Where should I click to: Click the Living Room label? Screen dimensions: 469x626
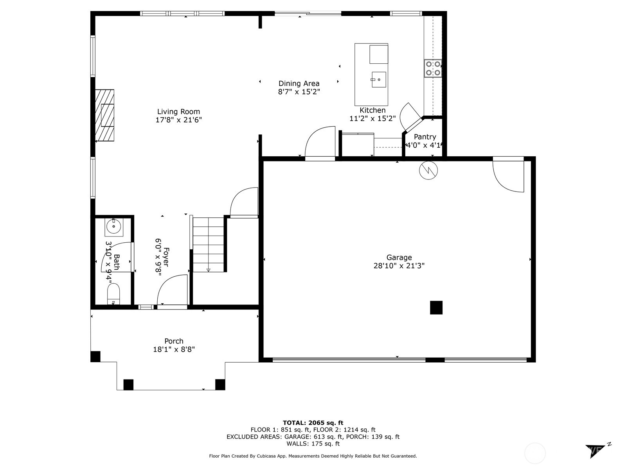tap(178, 112)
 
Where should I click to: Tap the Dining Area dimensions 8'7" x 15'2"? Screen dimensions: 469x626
tap(299, 92)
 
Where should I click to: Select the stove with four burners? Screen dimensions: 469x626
tap(433, 68)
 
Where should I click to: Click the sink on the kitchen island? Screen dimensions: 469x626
tap(378, 80)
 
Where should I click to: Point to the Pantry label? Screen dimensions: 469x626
tap(425, 137)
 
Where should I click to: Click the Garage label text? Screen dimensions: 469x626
tap(399, 257)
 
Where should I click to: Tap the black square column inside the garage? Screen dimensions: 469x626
tap(436, 308)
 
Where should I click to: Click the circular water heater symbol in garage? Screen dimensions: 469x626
tap(428, 170)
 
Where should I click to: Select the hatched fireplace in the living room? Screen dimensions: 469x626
tap(104, 115)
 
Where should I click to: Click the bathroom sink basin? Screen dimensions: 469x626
tap(114, 227)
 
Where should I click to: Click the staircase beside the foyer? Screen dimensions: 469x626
tap(208, 244)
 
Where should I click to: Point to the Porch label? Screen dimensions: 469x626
tap(174, 341)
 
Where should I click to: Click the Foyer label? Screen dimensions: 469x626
tap(166, 257)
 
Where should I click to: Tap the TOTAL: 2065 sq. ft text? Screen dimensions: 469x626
tap(313, 422)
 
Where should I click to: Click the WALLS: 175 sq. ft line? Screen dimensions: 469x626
tap(313, 444)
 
